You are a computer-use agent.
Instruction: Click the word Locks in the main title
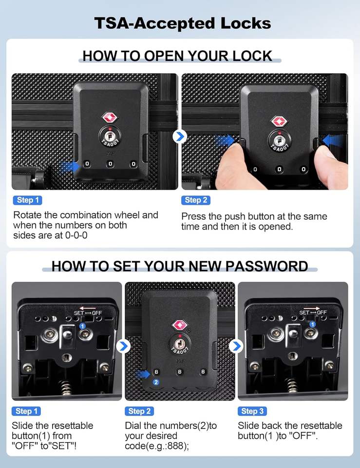coord(246,23)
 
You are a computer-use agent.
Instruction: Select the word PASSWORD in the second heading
coord(266,266)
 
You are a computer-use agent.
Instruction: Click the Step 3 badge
coord(252,411)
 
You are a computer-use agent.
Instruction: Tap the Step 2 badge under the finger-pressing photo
coord(196,200)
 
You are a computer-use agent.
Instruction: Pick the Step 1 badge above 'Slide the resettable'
coord(26,411)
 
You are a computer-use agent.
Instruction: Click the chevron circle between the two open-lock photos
coord(180,136)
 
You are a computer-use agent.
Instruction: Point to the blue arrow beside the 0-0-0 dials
coord(70,166)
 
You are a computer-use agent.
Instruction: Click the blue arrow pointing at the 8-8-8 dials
coord(143,374)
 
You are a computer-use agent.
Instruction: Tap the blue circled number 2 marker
coord(156,382)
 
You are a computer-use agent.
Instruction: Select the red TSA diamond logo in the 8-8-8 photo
coord(180,325)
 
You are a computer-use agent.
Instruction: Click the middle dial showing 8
coord(180,371)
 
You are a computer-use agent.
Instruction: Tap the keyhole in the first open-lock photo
coord(109,136)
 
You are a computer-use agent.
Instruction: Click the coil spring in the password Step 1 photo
coord(66,388)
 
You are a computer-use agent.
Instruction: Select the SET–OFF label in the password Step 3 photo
coord(313,312)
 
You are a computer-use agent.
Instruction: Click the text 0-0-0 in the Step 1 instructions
coord(76,235)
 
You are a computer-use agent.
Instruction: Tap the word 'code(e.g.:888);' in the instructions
coord(157,446)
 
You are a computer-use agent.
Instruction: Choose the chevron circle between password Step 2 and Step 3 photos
coord(236,346)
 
